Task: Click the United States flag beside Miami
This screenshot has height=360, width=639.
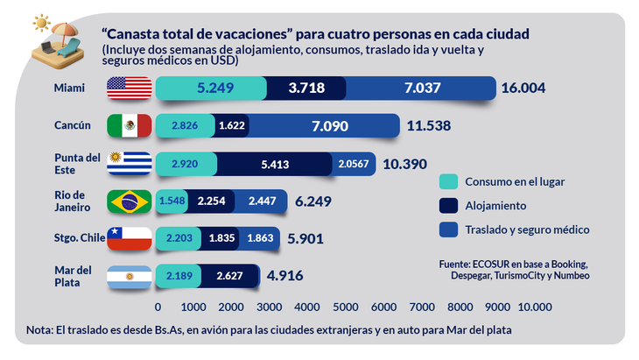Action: click(130, 88)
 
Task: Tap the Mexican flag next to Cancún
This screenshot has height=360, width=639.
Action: click(130, 126)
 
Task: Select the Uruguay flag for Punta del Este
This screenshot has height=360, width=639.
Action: click(130, 164)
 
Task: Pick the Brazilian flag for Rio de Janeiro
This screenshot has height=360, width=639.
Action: click(130, 201)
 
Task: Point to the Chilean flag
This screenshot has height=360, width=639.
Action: click(130, 237)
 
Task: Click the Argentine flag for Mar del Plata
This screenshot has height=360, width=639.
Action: click(130, 276)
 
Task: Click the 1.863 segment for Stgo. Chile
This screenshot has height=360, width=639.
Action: click(261, 237)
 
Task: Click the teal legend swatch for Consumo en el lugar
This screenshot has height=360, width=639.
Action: click(448, 182)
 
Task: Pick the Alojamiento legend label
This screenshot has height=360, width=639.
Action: click(497, 206)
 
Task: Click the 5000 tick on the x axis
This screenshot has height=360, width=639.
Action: click(345, 307)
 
